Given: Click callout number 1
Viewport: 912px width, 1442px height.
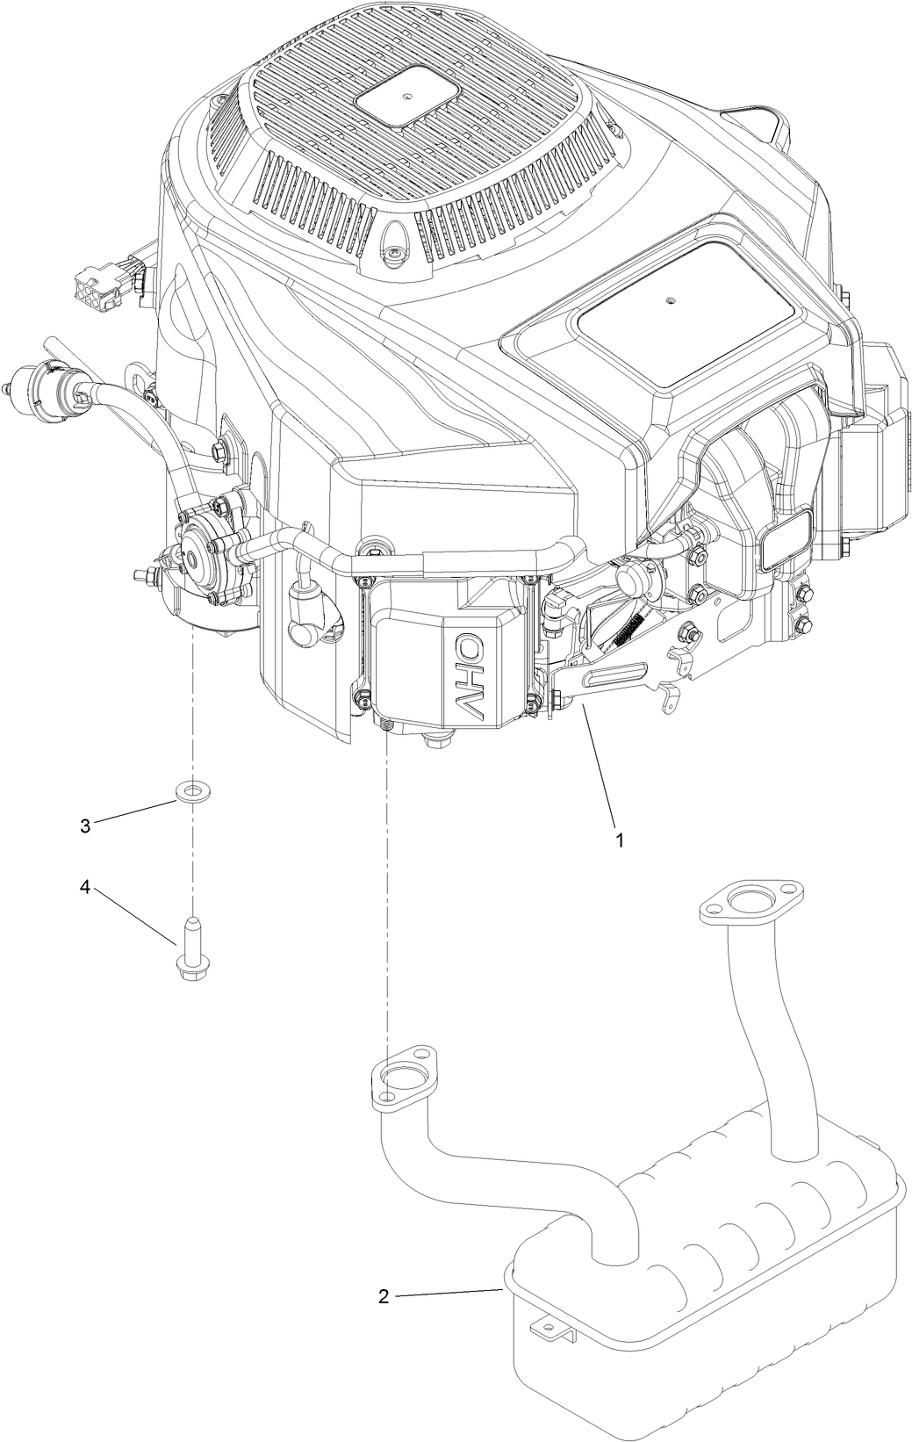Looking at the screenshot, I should pyautogui.click(x=620, y=840).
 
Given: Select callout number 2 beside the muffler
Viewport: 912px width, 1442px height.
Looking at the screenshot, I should pyautogui.click(x=384, y=1297).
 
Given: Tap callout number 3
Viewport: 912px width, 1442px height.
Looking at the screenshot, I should pyautogui.click(x=85, y=826).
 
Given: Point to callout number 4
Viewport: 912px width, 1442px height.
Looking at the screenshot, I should pyautogui.click(x=85, y=887).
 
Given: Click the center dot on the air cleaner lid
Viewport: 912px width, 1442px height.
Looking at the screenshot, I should pyautogui.click(x=671, y=303).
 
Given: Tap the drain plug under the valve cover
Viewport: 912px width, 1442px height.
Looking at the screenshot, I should pyautogui.click(x=434, y=740).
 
